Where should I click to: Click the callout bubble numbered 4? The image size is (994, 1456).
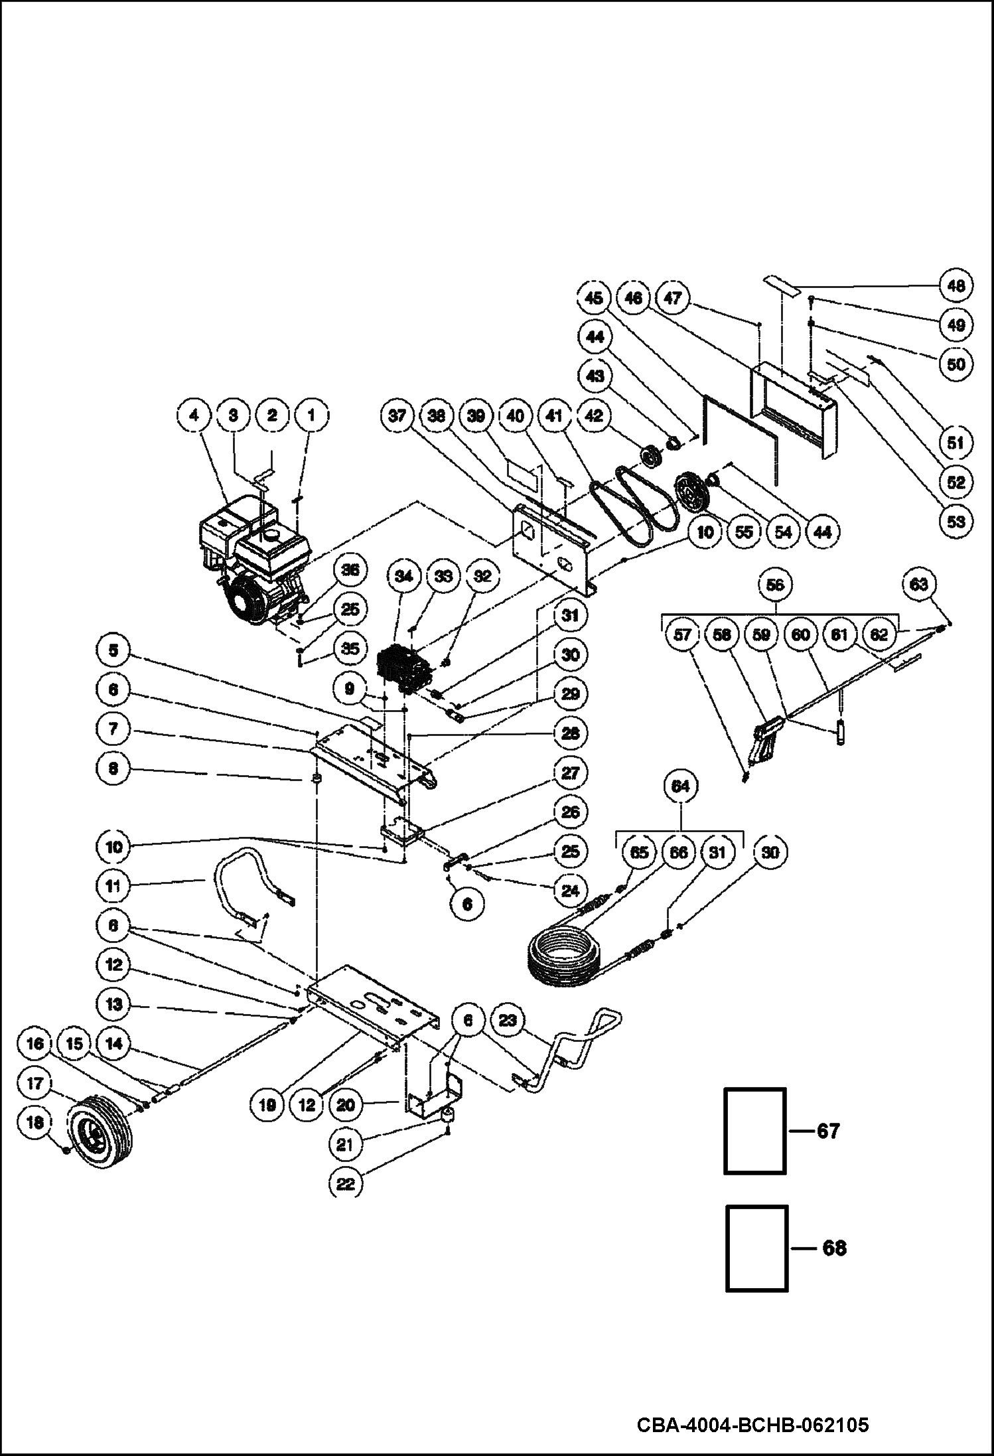click(194, 416)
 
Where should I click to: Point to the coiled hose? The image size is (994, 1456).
click(564, 956)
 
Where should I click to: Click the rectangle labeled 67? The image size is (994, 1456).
click(755, 1130)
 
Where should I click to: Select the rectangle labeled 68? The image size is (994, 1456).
click(757, 1248)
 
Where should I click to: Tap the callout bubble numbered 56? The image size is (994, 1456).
click(774, 585)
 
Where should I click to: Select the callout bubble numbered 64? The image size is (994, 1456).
click(681, 786)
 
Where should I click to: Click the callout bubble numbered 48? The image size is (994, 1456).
click(955, 286)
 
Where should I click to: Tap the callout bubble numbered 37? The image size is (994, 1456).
click(397, 416)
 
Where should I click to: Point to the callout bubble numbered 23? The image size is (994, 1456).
click(508, 1020)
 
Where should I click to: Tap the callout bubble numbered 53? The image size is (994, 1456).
click(955, 521)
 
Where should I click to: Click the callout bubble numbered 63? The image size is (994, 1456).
click(919, 585)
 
